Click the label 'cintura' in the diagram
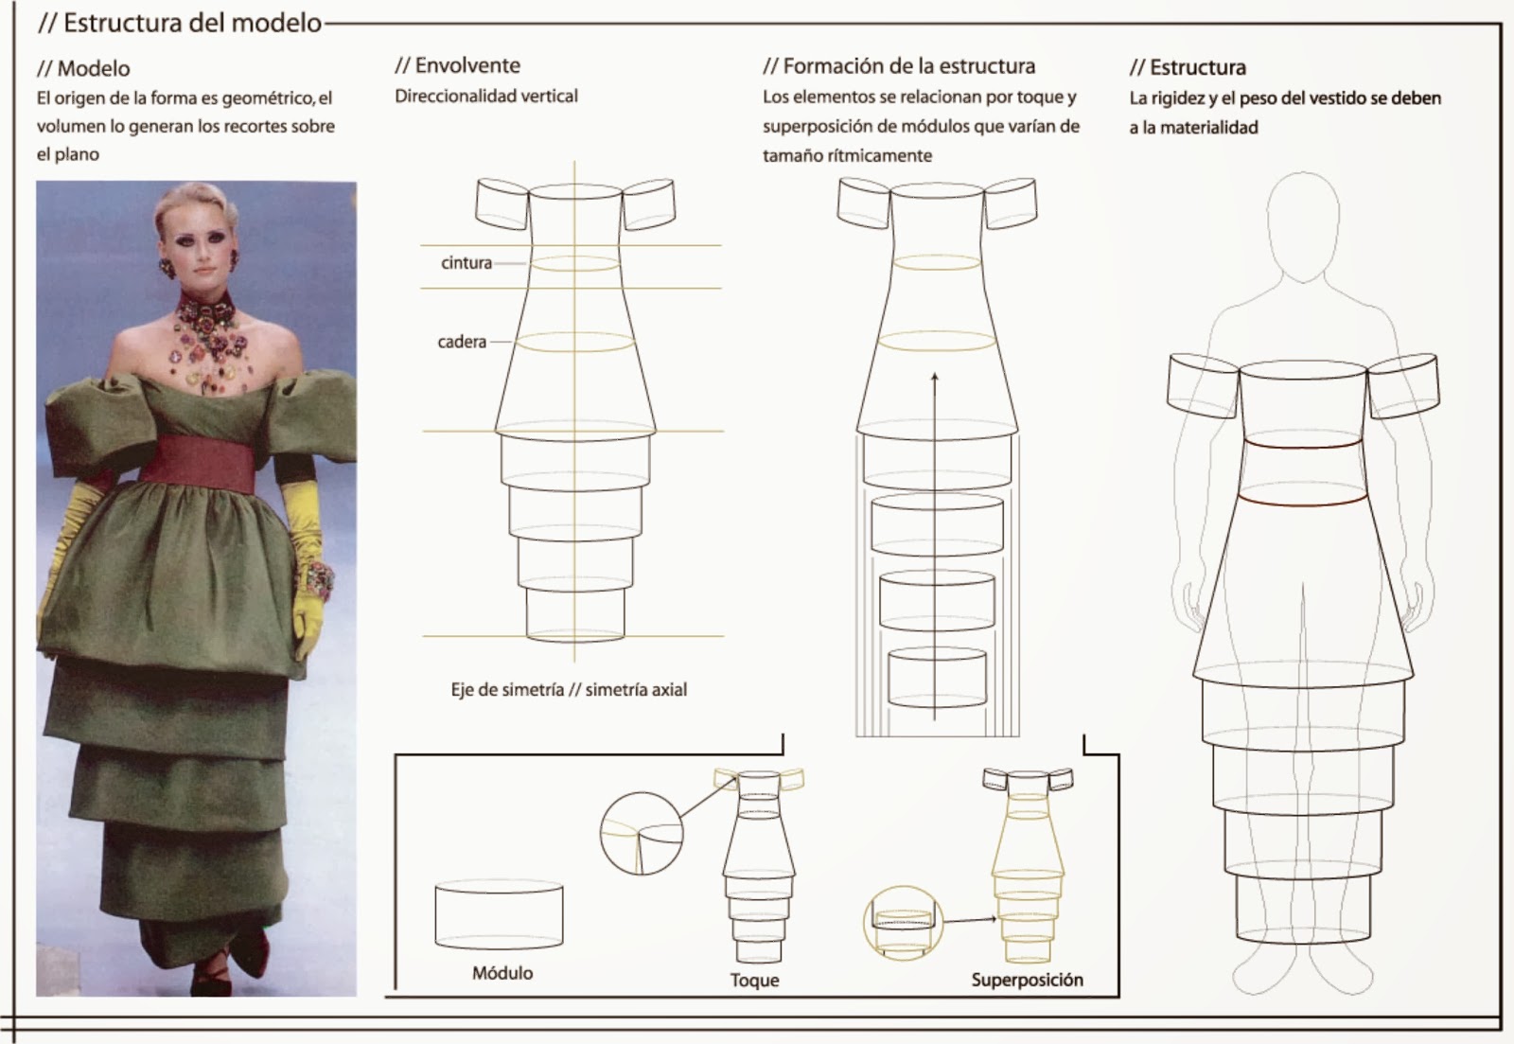tap(466, 263)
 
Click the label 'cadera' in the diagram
tap(462, 342)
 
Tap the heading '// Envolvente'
tap(458, 65)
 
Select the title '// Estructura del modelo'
tap(180, 24)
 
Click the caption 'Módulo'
tap(502, 973)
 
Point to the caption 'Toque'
tap(754, 981)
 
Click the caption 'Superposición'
tap(1027, 980)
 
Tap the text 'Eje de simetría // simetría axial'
tap(569, 690)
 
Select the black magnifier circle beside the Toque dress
tap(642, 834)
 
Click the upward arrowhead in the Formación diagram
tap(935, 378)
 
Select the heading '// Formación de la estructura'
tap(899, 66)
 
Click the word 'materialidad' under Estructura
tap(1208, 128)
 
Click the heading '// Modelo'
tap(84, 68)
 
